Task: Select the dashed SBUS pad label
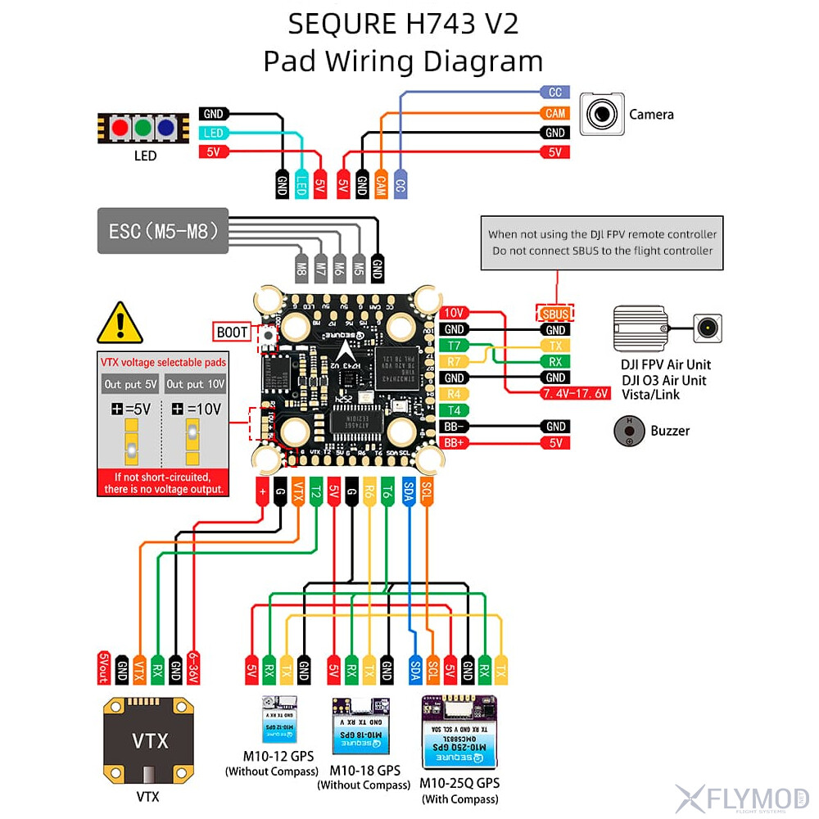pyautogui.click(x=554, y=313)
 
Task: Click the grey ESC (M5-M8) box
pyautogui.click(x=163, y=232)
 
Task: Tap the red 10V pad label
pyautogui.click(x=455, y=313)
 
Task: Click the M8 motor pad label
pyautogui.click(x=301, y=266)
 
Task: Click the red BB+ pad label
pyautogui.click(x=455, y=443)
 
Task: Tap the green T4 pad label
pyautogui.click(x=455, y=410)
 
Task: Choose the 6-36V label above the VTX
pyautogui.click(x=193, y=667)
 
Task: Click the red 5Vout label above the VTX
pyautogui.click(x=103, y=667)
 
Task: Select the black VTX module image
pyautogui.click(x=150, y=740)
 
